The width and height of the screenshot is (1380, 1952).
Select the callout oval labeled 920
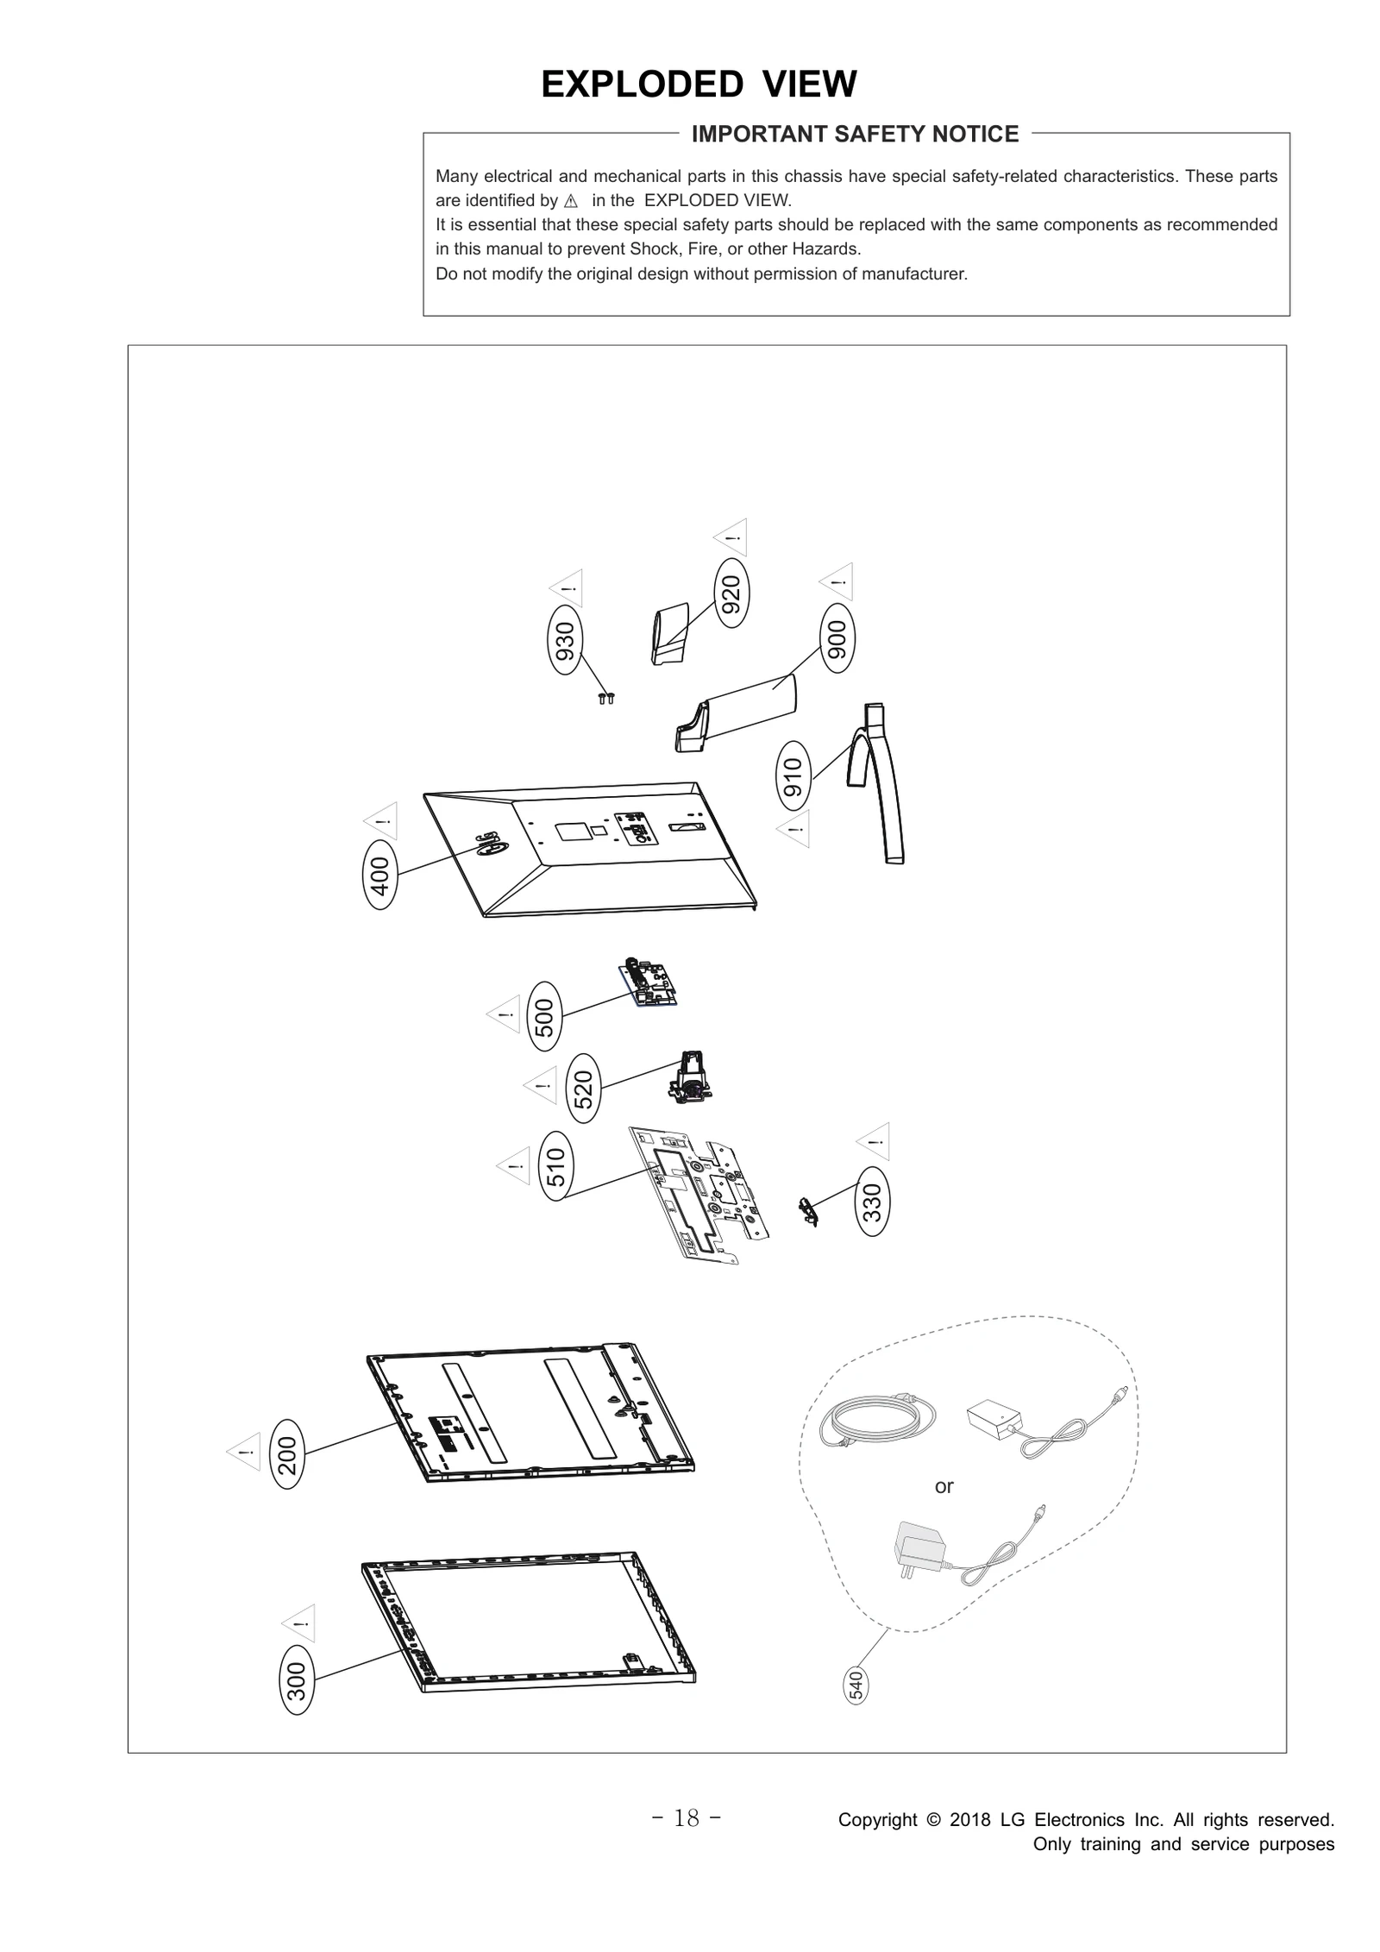pyautogui.click(x=731, y=594)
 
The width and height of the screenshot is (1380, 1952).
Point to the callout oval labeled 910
pyautogui.click(x=793, y=775)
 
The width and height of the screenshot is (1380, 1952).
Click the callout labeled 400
pyautogui.click(x=380, y=875)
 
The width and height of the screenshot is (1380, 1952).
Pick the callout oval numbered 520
pyautogui.click(x=584, y=1088)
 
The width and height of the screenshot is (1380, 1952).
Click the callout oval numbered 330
pyautogui.click(x=872, y=1201)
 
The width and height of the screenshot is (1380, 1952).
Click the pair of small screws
pyautogui.click(x=606, y=698)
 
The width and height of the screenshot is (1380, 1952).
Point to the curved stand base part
pyautogui.click(x=880, y=781)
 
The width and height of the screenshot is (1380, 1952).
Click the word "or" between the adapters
pyautogui.click(x=944, y=1485)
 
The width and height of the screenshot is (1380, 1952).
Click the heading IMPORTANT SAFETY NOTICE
pyautogui.click(x=855, y=134)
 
